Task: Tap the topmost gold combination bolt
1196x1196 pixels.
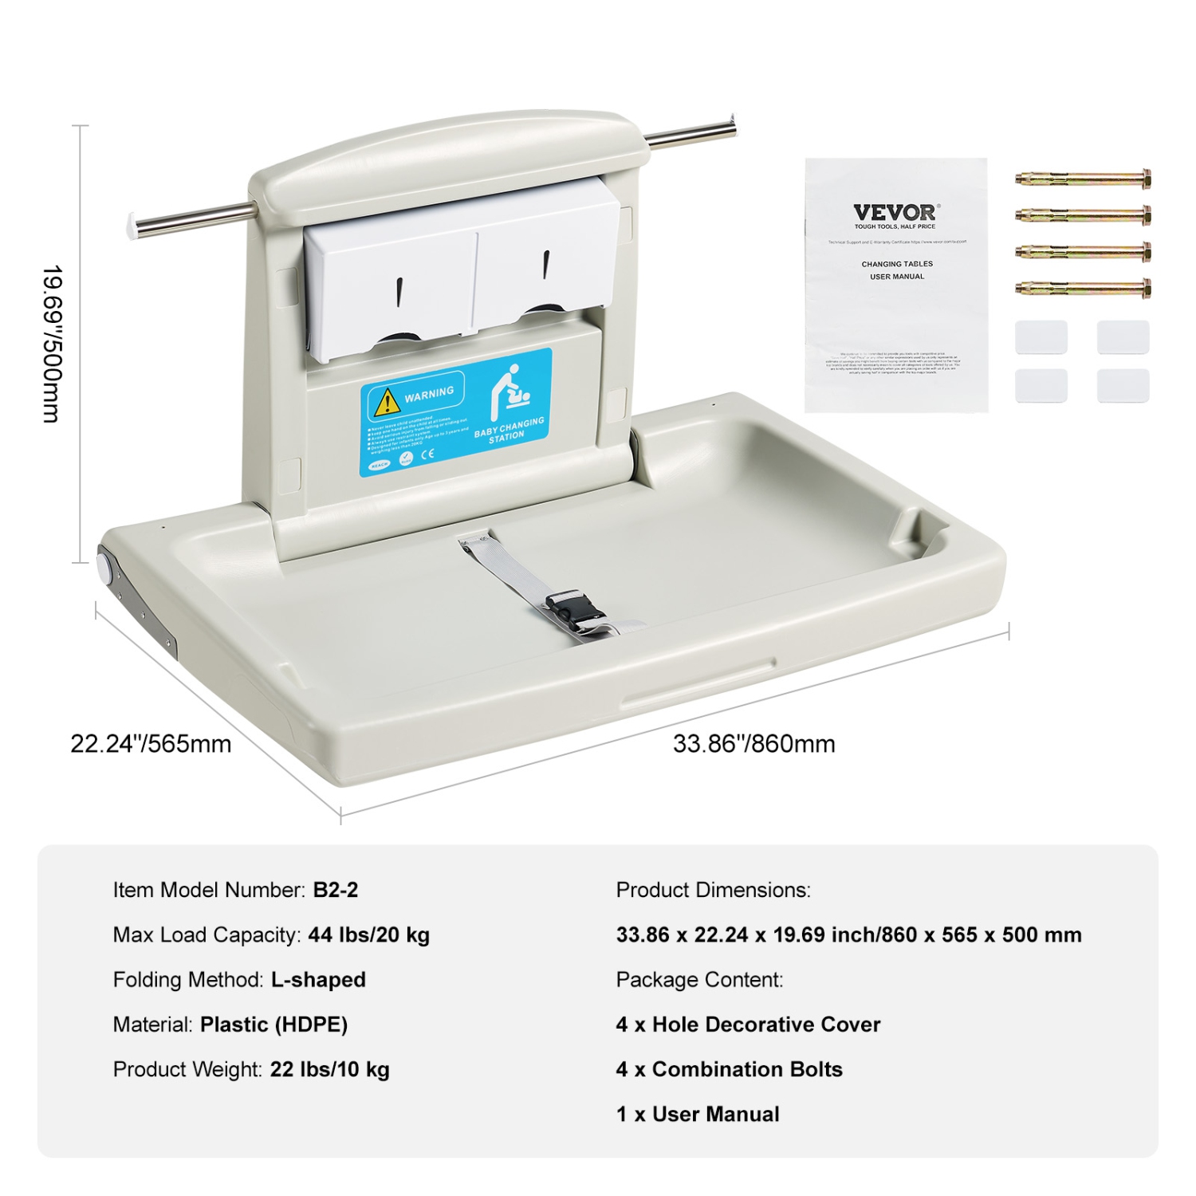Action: pos(1083,179)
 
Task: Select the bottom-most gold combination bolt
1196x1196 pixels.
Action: pos(1083,288)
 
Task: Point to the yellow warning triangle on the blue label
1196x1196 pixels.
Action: pos(387,401)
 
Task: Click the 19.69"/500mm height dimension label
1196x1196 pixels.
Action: pos(53,344)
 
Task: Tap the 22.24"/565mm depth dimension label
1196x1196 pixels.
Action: pos(151,744)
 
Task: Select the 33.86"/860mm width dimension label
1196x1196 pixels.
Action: pos(753,744)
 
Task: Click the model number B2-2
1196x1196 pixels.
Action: pos(335,890)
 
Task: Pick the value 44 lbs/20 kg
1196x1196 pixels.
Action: pos(368,934)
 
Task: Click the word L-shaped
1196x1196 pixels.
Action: pos(318,979)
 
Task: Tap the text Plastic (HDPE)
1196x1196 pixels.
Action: pos(273,1025)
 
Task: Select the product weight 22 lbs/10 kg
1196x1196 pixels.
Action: pos(329,1069)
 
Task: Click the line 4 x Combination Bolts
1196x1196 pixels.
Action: pos(729,1069)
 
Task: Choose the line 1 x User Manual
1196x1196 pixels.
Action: pos(698,1114)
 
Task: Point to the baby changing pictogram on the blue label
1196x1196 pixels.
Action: pos(510,391)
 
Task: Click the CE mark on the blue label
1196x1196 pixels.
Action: pos(427,454)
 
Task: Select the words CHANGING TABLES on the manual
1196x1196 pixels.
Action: pos(897,264)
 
